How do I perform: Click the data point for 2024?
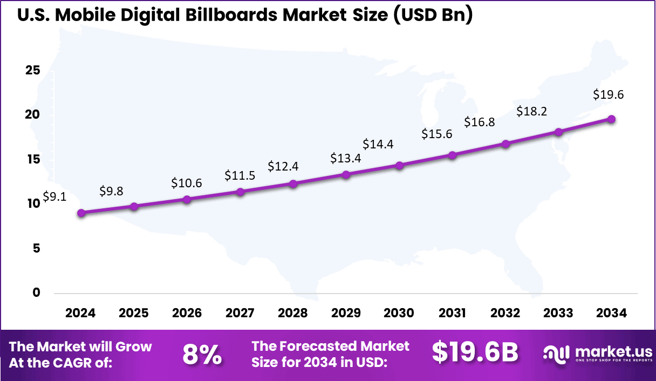81,213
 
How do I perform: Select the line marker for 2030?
399,166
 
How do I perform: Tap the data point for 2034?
612,119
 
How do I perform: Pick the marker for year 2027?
241,192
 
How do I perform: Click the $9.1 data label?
54,197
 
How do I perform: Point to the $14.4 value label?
378,144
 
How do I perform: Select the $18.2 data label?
532,112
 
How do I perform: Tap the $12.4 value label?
283,166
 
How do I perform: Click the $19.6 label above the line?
608,94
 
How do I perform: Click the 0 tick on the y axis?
36,292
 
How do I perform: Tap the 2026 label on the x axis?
187,314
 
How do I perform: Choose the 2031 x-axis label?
452,314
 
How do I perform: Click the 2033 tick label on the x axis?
558,314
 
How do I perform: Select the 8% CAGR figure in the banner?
202,355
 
